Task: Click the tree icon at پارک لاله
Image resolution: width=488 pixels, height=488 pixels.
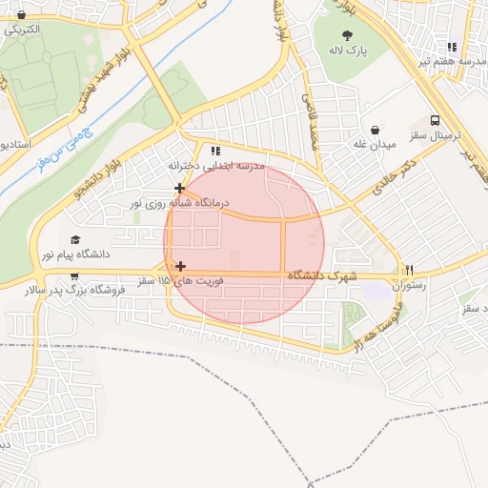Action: pos(357,34)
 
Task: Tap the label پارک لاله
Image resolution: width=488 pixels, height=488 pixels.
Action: pos(357,49)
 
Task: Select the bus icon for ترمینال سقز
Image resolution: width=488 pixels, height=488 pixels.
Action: pos(436,121)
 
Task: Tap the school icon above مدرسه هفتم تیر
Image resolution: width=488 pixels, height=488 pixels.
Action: pos(453,47)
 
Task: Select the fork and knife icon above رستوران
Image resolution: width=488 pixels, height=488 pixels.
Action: pos(410,269)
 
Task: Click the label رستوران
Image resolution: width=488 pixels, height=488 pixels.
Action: pos(409,284)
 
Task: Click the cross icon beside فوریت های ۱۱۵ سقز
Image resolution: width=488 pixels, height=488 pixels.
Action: pos(180,266)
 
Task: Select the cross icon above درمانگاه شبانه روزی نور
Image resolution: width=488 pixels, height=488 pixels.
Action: pos(179,188)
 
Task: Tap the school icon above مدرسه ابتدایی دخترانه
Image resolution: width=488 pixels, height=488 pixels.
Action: pos(215,150)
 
